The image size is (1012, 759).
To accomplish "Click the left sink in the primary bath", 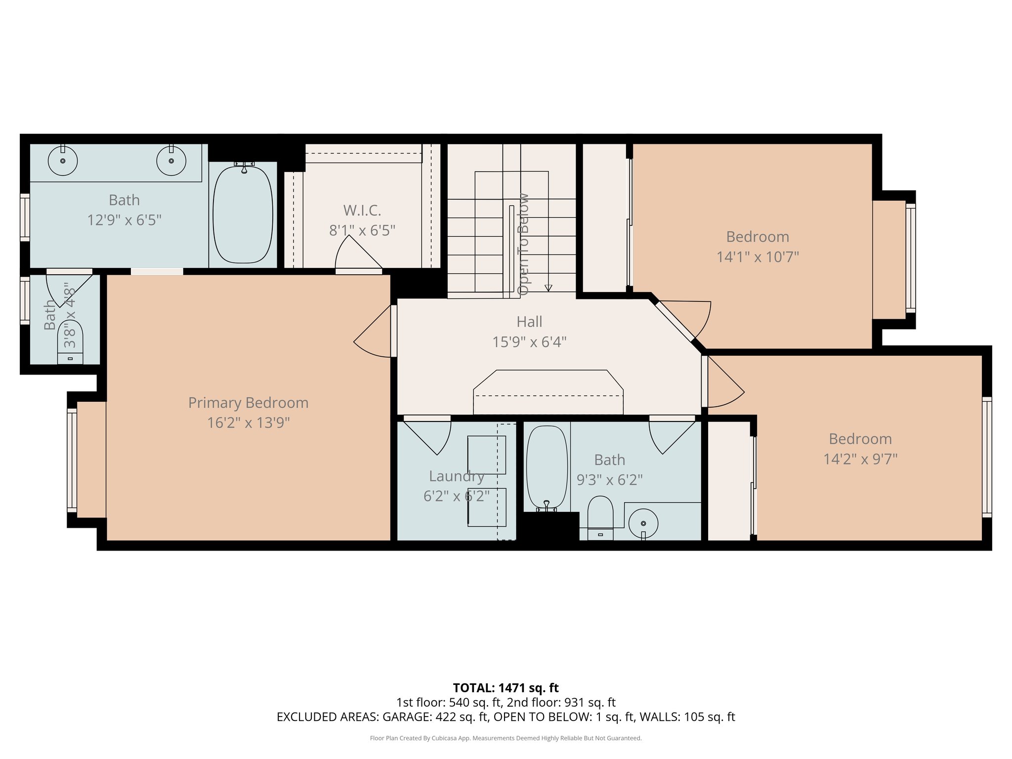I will click(63, 161).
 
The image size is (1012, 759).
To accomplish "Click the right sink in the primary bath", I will click(171, 161).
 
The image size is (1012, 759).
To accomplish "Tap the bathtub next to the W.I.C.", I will click(243, 214).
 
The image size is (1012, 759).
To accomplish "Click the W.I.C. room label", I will click(362, 211).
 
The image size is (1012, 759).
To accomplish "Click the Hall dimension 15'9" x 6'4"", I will click(529, 342).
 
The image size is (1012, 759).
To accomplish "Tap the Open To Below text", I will click(523, 244).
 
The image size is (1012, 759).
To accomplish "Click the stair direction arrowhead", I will click(548, 288).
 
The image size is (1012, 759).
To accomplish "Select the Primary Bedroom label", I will click(248, 403).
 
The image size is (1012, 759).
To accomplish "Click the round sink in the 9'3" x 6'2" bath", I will click(643, 523).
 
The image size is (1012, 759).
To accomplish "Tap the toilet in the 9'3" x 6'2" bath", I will click(600, 516).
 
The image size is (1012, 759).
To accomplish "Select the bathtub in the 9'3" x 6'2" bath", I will click(547, 467).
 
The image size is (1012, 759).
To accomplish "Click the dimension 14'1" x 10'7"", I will click(758, 257).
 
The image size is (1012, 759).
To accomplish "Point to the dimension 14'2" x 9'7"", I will click(860, 459).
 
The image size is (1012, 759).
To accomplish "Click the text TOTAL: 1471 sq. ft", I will click(506, 688).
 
